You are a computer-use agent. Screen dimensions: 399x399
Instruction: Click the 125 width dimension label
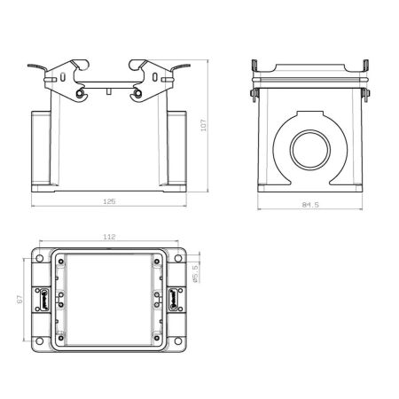pyautogui.click(x=109, y=201)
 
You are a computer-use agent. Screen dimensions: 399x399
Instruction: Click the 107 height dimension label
pyautogui.click(x=204, y=125)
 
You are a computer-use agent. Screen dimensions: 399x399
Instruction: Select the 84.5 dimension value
pyautogui.click(x=310, y=205)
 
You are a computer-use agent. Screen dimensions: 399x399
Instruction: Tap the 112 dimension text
pyautogui.click(x=109, y=237)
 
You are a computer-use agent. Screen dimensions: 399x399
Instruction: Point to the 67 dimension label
pyautogui.click(x=20, y=300)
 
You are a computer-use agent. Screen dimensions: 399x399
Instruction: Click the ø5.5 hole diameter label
pyautogui.click(x=195, y=274)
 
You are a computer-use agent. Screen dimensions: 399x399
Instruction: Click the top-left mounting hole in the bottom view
pyautogui.click(x=40, y=259)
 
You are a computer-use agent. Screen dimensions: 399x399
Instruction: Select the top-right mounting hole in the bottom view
pyautogui.click(x=178, y=259)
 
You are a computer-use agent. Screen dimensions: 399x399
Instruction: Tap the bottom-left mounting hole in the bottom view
pyautogui.click(x=40, y=341)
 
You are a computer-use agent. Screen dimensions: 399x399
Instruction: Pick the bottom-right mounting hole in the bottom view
pyautogui.click(x=178, y=341)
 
